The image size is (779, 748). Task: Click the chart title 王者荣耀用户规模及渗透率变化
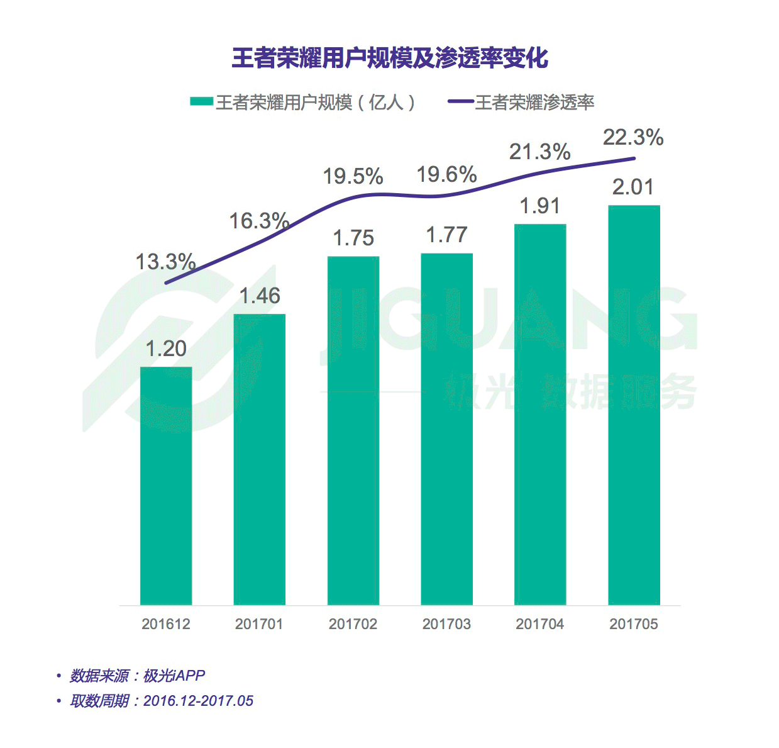390,58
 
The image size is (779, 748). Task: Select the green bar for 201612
166,486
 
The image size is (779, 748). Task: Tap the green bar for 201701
259,459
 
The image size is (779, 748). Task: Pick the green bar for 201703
446,429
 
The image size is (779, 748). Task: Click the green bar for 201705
634,405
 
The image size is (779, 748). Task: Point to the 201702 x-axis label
353,624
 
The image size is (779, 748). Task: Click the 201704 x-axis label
540,624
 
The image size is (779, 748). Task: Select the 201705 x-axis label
634,624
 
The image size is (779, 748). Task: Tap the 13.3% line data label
166,262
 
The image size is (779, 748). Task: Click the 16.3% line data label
258,221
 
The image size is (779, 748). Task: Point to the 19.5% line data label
353,177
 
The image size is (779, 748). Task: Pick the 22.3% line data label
633,137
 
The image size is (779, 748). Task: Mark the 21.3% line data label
539,152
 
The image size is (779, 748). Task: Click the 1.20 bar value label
166,349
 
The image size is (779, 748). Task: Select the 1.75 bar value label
353,238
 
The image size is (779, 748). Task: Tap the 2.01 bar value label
633,187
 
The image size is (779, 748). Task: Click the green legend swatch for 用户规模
201,102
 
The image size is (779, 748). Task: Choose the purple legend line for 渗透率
460,102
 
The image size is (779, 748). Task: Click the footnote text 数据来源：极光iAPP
137,676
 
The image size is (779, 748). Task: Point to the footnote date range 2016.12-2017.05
198,701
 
